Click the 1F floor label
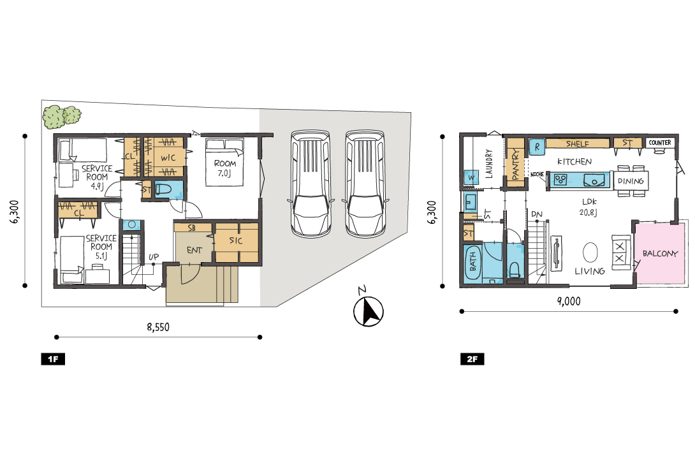(53, 359)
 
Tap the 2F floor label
(472, 359)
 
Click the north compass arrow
(369, 311)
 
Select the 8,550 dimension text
(158, 327)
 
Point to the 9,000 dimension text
(569, 302)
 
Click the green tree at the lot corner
(62, 117)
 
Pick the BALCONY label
(660, 254)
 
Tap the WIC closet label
(168, 158)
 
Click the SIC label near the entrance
(236, 240)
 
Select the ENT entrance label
(194, 251)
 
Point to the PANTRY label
(515, 164)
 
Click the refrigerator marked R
(537, 147)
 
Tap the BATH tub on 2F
(473, 262)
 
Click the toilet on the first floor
(163, 190)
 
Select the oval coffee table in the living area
(590, 253)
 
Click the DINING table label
(631, 181)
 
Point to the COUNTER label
(659, 143)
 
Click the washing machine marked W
(471, 178)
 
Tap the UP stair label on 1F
(154, 257)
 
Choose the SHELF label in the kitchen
(577, 143)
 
